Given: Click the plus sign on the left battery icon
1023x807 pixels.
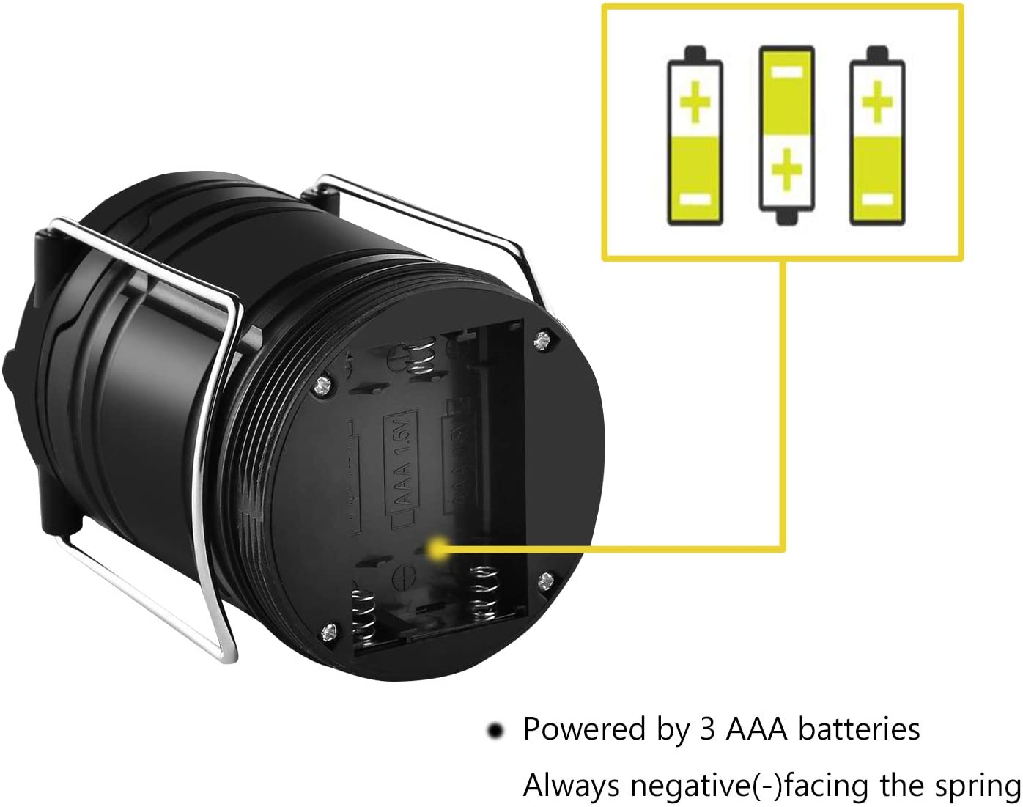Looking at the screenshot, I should (695, 103).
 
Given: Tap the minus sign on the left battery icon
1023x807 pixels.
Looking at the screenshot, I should (695, 199).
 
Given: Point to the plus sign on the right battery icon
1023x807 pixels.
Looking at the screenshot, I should (877, 102).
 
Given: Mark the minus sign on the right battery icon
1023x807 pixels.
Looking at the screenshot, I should (877, 199).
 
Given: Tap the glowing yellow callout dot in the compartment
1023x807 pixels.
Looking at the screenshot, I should (438, 548).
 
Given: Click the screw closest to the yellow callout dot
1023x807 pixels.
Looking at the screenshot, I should (545, 581).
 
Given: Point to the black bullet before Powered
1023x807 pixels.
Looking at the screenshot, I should (496, 731).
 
